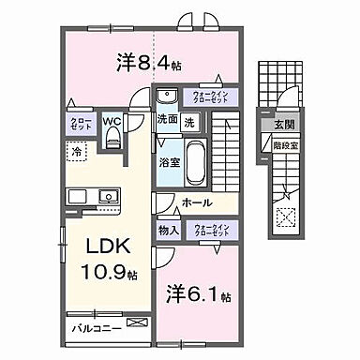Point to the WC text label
112,120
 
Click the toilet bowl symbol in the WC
112,139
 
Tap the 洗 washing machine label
188,121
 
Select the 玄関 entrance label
282,125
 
